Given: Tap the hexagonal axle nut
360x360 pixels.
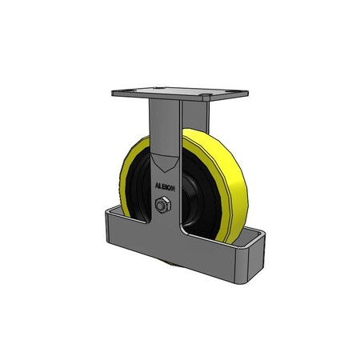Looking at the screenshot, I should point(161,206).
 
